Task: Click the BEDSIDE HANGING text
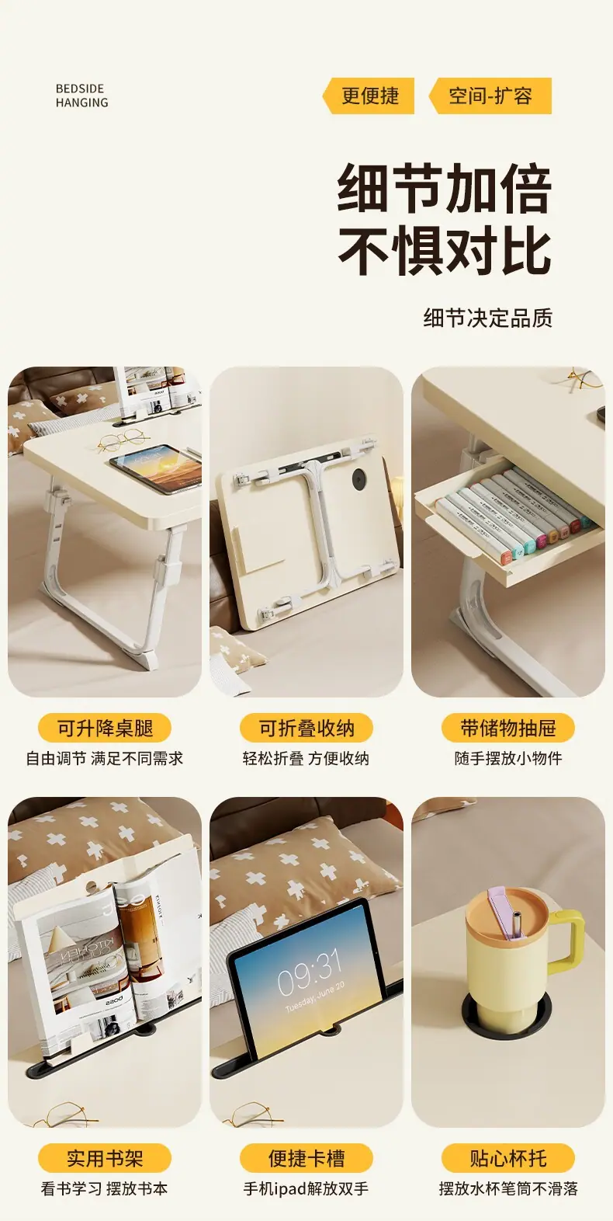[x=81, y=96]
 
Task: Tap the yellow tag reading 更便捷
[x=369, y=96]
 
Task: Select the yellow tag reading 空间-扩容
[x=490, y=96]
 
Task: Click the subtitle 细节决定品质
[x=488, y=318]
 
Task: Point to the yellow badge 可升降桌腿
[x=105, y=728]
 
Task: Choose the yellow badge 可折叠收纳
[x=306, y=728]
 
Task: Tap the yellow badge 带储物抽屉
[x=508, y=728]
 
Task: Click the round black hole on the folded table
[x=359, y=479]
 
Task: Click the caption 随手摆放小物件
[x=508, y=758]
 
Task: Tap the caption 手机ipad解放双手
[x=306, y=1189]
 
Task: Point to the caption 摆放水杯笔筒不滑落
[x=508, y=1189]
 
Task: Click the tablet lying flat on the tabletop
[x=157, y=469]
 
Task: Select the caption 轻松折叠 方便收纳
[x=306, y=758]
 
